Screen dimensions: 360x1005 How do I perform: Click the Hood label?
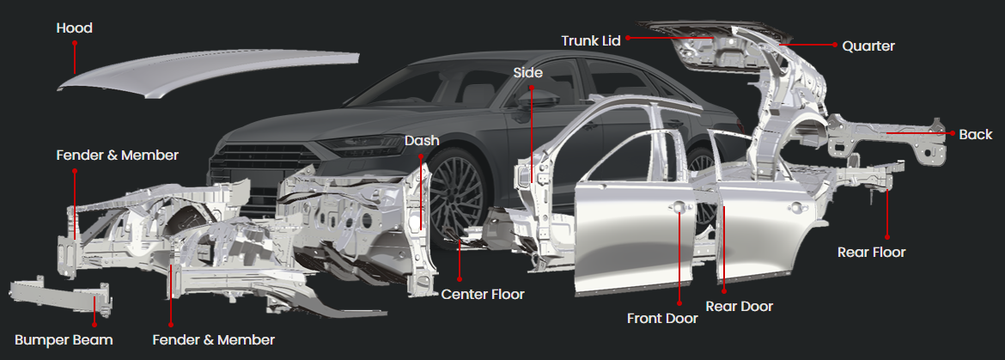[74, 28]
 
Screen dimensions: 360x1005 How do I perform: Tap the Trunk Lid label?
[592, 40]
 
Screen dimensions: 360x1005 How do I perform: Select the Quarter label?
[868, 46]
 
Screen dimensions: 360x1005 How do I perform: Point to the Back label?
[975, 134]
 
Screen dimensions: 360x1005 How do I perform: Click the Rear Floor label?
[871, 252]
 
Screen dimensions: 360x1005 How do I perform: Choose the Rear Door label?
[739, 306]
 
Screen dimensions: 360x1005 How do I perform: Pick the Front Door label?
[662, 318]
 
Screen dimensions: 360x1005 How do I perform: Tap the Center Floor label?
[483, 294]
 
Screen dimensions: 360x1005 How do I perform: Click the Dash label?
[422, 140]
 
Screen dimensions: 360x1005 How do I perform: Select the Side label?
[527, 73]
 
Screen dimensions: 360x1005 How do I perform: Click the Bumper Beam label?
[64, 339]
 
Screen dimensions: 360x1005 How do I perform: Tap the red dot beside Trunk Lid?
[628, 39]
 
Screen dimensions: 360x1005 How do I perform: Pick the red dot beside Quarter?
[833, 45]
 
